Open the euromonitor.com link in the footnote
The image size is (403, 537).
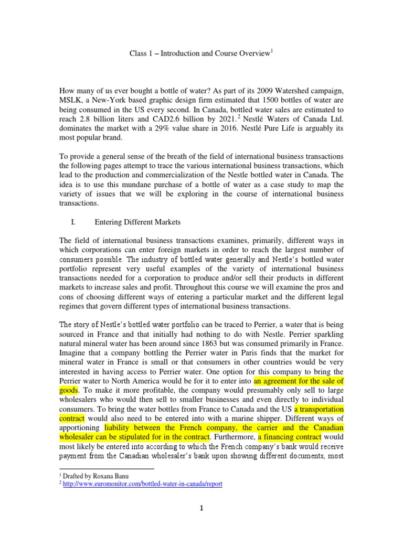[x=143, y=484]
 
